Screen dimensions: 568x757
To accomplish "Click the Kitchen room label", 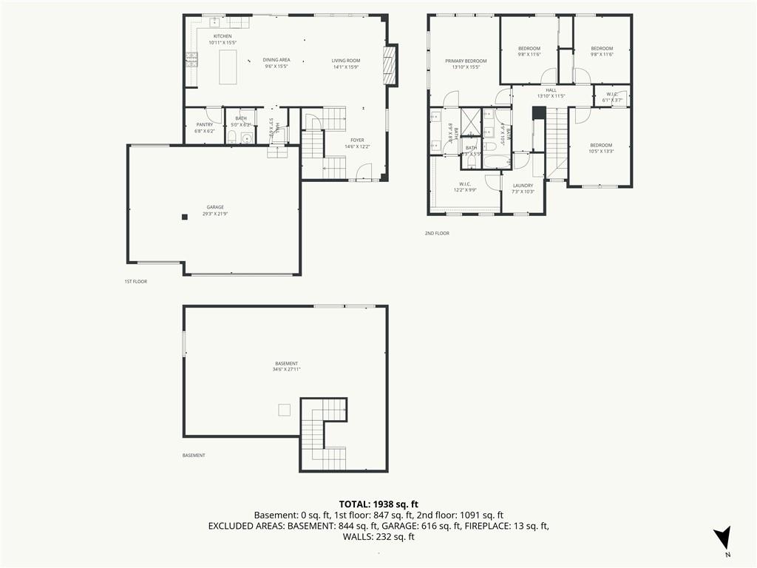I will [223, 36].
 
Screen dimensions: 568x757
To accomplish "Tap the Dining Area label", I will [276, 60].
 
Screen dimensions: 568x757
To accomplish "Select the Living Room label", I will [345, 60].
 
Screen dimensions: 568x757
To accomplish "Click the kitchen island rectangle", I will [228, 67].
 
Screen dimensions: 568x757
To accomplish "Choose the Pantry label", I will [205, 124].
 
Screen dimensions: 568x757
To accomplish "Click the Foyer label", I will [357, 140].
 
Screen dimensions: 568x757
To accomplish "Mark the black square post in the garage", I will [185, 216].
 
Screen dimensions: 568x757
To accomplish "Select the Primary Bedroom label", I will [465, 61].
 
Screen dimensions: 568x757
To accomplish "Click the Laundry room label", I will [523, 186].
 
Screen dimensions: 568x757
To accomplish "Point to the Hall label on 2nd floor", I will [551, 90].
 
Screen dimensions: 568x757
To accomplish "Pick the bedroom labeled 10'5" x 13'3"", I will [600, 149].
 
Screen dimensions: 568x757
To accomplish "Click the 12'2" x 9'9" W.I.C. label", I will [465, 187].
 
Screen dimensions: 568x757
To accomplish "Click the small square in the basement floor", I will [284, 410].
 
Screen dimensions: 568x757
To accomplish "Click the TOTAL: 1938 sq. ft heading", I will [378, 504].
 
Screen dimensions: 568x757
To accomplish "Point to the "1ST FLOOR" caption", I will [135, 282].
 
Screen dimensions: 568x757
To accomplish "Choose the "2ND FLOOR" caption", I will [437, 233].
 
